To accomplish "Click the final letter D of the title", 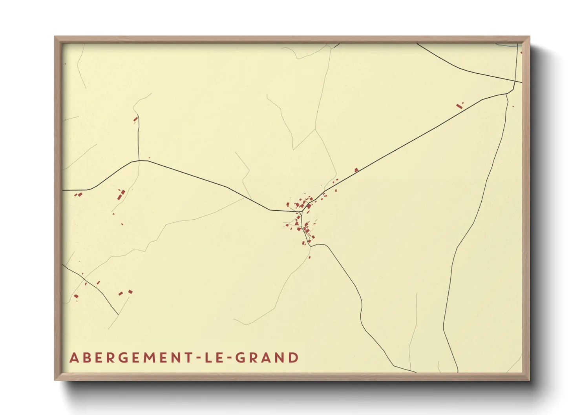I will point(293,358).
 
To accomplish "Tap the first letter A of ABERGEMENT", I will point(73,358).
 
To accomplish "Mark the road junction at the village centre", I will point(300,212).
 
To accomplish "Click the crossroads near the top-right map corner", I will point(515,81).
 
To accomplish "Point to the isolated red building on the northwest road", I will point(135,119).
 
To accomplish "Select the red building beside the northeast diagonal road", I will point(356,170).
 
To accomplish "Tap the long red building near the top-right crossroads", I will point(459,106).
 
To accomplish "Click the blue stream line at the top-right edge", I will point(506,45).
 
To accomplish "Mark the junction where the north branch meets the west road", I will point(139,160).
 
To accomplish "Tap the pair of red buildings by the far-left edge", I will point(79,195).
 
